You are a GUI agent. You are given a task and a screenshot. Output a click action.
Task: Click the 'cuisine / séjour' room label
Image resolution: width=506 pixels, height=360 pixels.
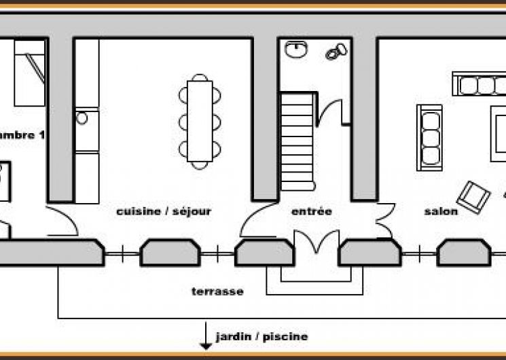164,211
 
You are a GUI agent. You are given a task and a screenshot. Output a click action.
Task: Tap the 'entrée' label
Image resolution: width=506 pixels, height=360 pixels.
312,211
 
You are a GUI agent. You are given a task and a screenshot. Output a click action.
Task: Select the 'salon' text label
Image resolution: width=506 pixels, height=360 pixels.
441,211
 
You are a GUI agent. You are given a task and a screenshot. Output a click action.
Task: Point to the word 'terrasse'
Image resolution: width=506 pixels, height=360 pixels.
217,291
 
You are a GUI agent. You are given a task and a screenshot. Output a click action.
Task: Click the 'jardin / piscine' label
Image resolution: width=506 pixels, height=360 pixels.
261,336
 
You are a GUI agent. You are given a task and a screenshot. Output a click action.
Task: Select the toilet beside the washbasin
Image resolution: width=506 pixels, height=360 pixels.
336,52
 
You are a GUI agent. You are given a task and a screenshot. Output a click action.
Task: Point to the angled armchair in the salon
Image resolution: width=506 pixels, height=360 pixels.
473,194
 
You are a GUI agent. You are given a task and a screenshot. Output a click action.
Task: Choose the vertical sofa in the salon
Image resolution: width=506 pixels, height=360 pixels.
429,135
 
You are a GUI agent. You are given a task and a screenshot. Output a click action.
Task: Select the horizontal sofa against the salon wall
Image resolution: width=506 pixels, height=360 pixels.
479,85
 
